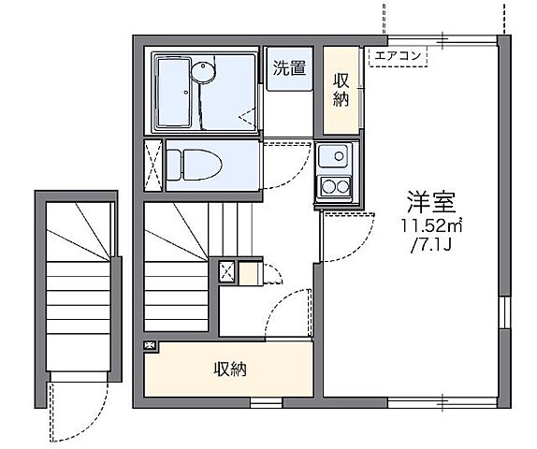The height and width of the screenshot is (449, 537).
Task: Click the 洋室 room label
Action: pos(429,201)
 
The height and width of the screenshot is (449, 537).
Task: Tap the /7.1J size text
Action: pos(431,246)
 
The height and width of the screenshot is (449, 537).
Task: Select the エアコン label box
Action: pos(399,57)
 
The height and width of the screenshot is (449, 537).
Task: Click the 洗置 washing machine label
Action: pos(287,67)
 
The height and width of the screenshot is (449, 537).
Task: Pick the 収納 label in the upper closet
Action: pos(342,89)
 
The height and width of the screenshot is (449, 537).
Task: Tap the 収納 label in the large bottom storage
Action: pos(228,369)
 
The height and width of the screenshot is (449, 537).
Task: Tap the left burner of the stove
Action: pos(328,187)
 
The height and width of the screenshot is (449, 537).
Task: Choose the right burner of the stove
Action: pos(344,187)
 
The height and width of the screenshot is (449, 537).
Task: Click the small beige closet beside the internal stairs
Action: pos(248,273)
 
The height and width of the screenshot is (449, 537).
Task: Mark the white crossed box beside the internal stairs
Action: pos(227,272)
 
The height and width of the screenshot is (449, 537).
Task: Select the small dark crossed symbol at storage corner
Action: pos(151,346)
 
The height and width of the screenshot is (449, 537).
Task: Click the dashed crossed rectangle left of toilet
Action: pos(152,165)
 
